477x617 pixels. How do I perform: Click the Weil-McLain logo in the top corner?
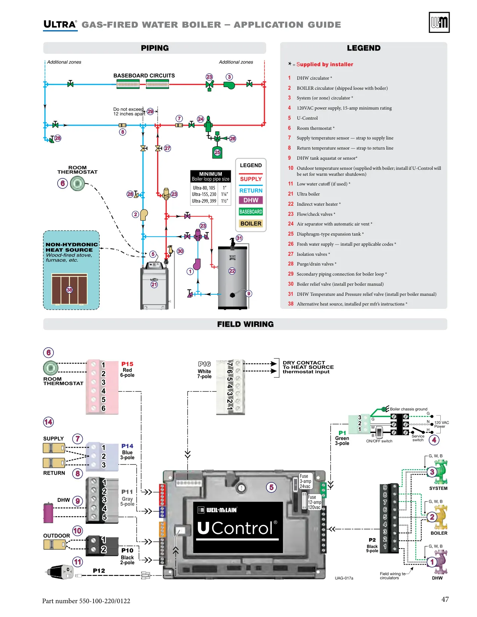(439, 22)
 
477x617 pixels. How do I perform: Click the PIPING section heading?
(155, 48)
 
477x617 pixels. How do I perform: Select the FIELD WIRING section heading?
(245, 324)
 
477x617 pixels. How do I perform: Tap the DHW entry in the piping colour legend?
(251, 200)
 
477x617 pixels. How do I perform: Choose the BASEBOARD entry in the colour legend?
(251, 212)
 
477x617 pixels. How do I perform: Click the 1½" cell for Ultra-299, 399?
(224, 201)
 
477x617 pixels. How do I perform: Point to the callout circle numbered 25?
(217, 153)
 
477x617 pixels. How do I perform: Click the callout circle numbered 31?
(239, 238)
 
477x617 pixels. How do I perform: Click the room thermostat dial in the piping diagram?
(77, 184)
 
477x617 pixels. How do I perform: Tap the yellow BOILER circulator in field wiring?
(440, 517)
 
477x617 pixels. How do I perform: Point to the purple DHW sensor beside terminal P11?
(48, 513)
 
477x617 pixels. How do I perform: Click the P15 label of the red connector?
(127, 364)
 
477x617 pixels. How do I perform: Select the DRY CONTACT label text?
(304, 363)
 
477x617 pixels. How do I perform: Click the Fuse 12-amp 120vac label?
(314, 502)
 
